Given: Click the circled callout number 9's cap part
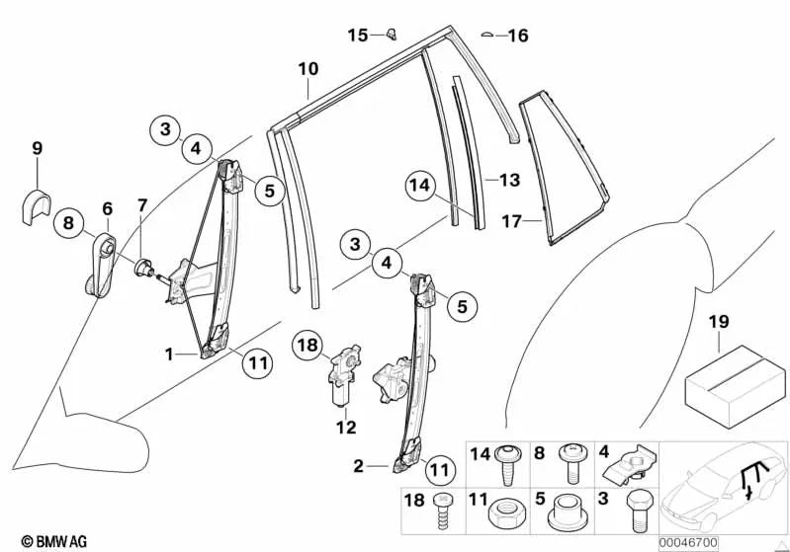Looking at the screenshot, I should tap(37, 206).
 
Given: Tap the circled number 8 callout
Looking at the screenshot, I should tap(68, 223).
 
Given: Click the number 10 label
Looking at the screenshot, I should tap(307, 69).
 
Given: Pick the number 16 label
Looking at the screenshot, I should tap(517, 37).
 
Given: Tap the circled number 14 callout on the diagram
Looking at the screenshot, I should tap(419, 185).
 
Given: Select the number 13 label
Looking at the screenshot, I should tap(508, 181).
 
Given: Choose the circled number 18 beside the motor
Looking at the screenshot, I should tap(307, 345).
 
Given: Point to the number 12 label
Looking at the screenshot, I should tap(345, 428).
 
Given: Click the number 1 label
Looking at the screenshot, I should tap(169, 354).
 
